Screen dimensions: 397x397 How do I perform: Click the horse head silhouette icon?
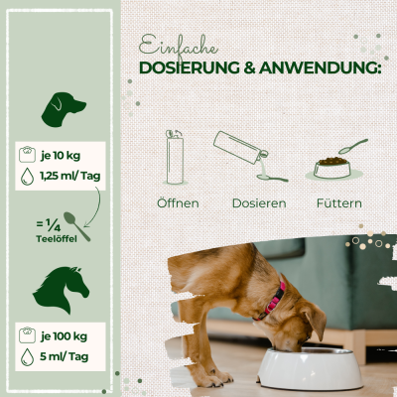point(61,284)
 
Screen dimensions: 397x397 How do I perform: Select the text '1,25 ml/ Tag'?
point(77,177)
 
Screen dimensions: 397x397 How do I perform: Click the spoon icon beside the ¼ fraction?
point(76,226)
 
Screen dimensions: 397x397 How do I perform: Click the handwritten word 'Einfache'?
point(179,46)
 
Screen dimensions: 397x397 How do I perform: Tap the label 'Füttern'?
point(337,203)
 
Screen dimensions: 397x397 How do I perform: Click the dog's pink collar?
point(275,298)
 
